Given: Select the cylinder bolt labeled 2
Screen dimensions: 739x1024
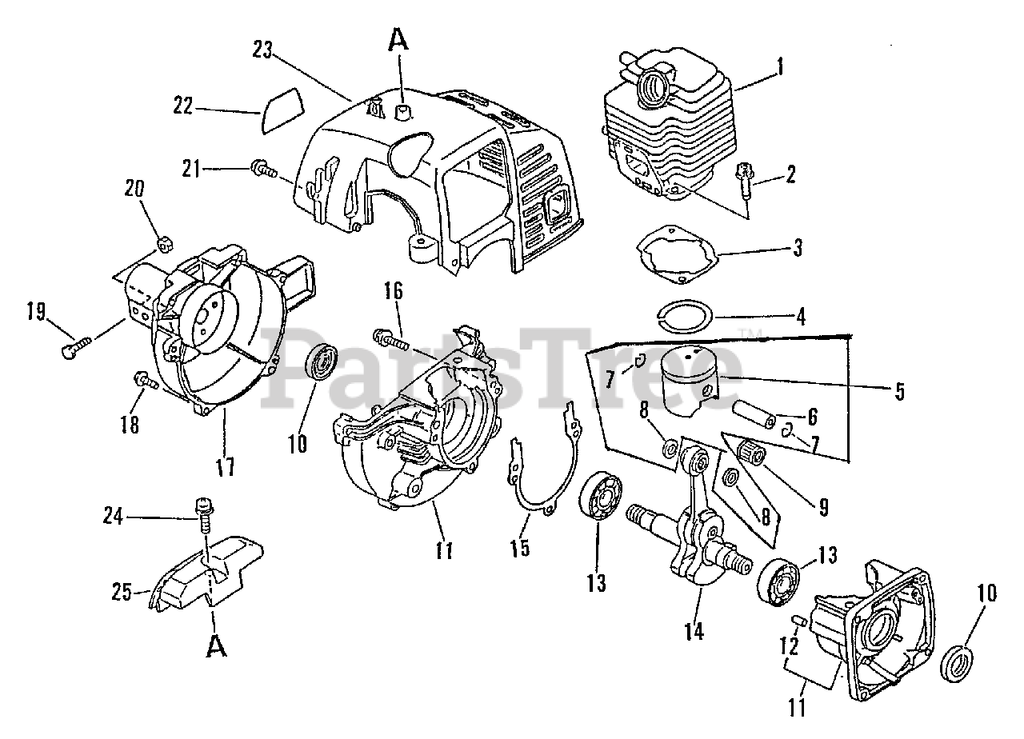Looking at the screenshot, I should click(742, 179).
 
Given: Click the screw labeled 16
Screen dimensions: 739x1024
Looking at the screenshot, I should click(390, 339).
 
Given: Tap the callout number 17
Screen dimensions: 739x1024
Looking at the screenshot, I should click(226, 466).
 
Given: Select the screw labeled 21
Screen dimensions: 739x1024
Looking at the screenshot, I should click(262, 169).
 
